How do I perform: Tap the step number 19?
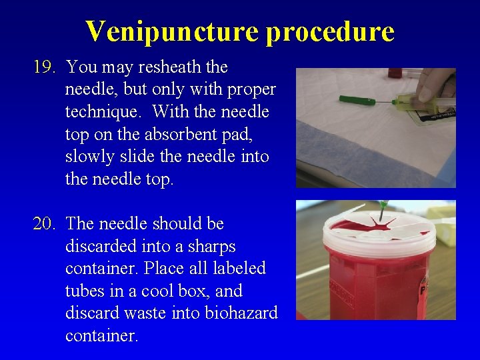[x=46, y=67]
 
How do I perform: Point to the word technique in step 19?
[x=101, y=112]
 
